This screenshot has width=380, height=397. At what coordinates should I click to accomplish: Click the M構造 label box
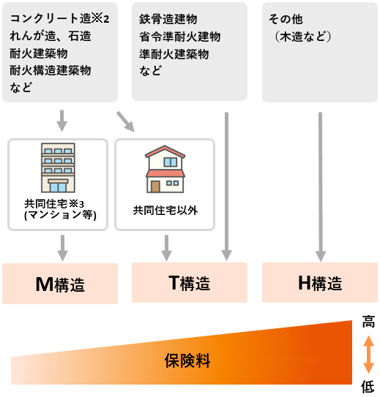pyautogui.click(x=60, y=284)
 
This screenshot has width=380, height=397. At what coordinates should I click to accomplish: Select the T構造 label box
pyautogui.click(x=190, y=282)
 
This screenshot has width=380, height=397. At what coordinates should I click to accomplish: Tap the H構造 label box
pyautogui.click(x=320, y=282)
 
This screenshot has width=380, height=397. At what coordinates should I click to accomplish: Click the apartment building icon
pyautogui.click(x=58, y=168)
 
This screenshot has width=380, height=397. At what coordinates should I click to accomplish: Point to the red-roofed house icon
pyautogui.click(x=165, y=169)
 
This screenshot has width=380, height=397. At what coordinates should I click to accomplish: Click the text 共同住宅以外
pyautogui.click(x=165, y=211)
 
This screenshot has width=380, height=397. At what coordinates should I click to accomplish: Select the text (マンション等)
pyautogui.click(x=60, y=215)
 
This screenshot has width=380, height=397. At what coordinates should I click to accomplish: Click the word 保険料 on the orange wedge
pyautogui.click(x=187, y=360)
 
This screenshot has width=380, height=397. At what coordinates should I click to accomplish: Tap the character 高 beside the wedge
pyautogui.click(x=368, y=322)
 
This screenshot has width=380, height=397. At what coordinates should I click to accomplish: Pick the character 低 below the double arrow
pyautogui.click(x=368, y=387)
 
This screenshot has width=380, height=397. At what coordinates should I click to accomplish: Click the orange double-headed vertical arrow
pyautogui.click(x=368, y=355)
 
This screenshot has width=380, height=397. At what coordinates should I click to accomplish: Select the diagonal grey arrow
pyautogui.click(x=125, y=122)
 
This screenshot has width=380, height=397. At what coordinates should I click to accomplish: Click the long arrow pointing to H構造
pyautogui.click(x=321, y=187)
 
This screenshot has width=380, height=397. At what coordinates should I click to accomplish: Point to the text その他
pyautogui.click(x=286, y=19)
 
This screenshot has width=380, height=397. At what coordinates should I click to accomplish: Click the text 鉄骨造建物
pyautogui.click(x=168, y=19)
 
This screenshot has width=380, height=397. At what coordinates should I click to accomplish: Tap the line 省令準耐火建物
pyautogui.click(x=179, y=37)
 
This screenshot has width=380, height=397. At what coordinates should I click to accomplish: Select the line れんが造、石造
pyautogui.click(x=51, y=36)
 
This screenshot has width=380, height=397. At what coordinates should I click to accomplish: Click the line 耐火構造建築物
pyautogui.click(x=51, y=70)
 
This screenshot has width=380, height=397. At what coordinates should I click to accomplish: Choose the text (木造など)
pyautogui.click(x=302, y=37)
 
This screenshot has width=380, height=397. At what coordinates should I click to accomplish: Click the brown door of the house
pyautogui.click(x=155, y=186)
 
